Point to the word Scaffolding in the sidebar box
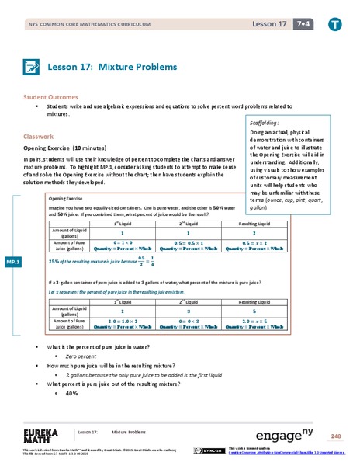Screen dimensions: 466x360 [267, 123]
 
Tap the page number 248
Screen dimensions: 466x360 [335, 436]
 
